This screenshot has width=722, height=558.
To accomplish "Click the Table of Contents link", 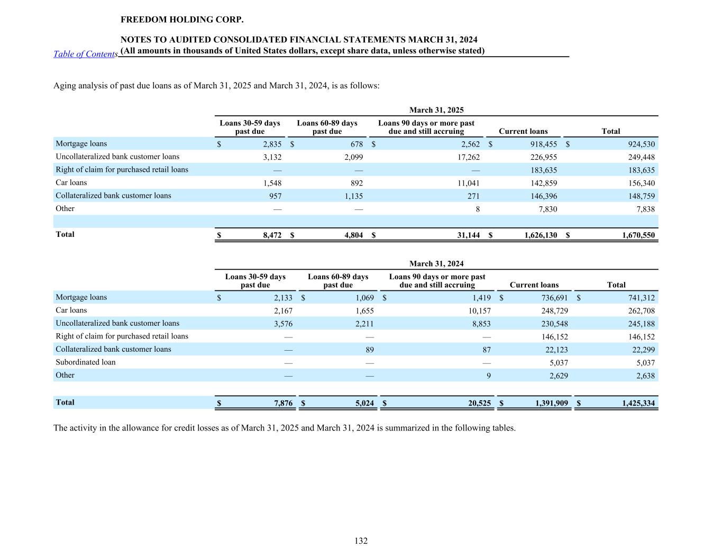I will click(x=85, y=54).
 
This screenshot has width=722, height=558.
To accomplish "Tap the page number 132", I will click(x=361, y=541).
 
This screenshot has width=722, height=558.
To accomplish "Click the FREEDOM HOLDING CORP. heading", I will click(x=182, y=20).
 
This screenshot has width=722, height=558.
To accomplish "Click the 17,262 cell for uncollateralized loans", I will click(x=469, y=157).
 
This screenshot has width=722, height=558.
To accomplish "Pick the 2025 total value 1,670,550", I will click(x=638, y=235).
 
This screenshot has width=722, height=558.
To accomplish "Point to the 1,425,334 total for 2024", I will click(x=638, y=404).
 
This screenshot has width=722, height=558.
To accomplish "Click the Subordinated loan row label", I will click(x=86, y=362).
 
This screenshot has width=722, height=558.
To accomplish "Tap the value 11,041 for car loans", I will click(x=469, y=183).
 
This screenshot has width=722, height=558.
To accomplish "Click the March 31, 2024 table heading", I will click(x=436, y=263).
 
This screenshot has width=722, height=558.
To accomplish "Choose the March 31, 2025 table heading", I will click(x=436, y=110).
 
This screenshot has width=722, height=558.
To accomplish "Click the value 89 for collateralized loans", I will click(x=370, y=350).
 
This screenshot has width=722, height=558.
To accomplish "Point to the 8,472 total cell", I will click(x=272, y=235).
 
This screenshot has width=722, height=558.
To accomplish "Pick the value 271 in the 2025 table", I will click(x=473, y=196).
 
